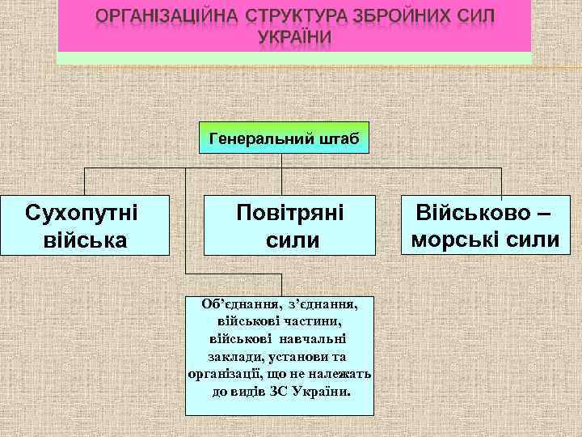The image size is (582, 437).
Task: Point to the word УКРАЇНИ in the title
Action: [294, 40]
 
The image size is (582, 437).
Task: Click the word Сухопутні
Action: [82, 214]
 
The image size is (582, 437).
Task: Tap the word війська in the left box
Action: [82, 240]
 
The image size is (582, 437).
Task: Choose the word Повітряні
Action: [289, 214]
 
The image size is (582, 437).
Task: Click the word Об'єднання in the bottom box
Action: [229, 303]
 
